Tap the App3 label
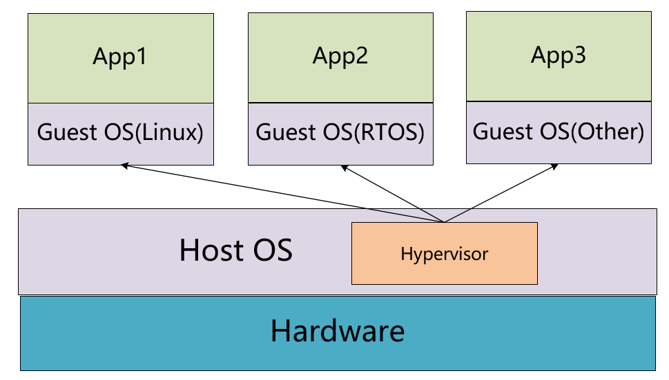[559, 55]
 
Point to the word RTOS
[389, 132]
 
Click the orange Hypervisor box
[444, 254]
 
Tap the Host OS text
[236, 250]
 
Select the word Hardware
[338, 331]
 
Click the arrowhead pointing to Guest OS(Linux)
[125, 166]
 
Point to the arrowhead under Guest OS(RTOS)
[345, 168]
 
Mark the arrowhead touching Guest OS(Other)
[554, 167]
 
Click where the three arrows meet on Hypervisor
[444, 222]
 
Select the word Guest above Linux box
[67, 132]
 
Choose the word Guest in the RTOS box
[286, 132]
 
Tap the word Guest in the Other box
[503, 131]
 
